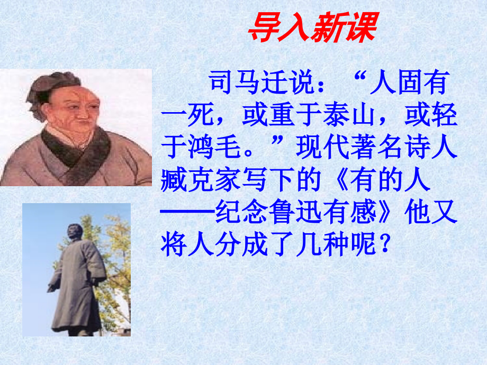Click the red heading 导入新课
point(312,28)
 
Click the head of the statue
point(74,233)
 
